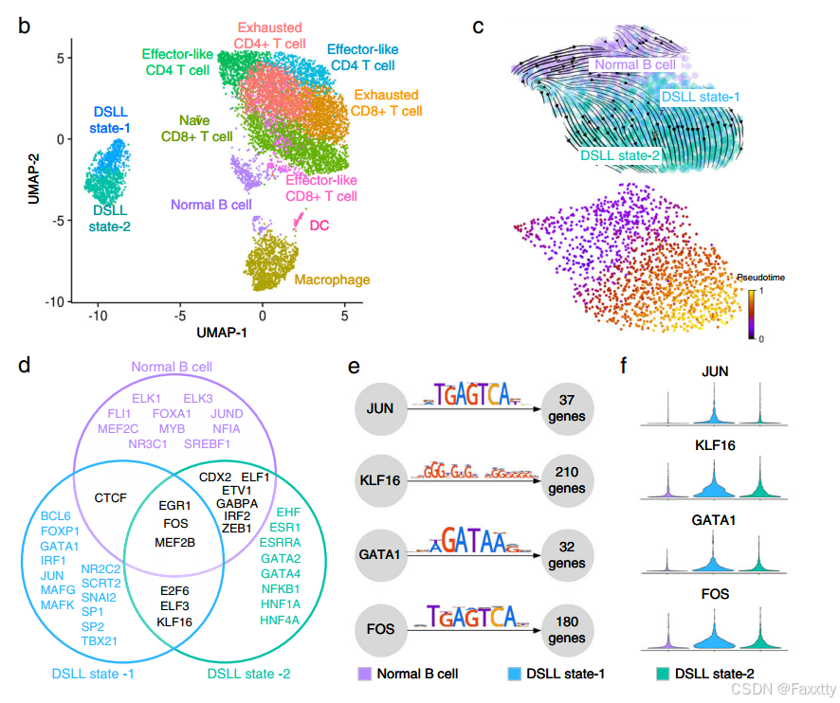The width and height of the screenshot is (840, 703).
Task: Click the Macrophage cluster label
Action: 332,279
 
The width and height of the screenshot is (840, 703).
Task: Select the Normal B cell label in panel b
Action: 211,204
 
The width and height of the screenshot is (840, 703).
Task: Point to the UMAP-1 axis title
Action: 222,334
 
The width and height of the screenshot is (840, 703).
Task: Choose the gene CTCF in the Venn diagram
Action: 112,496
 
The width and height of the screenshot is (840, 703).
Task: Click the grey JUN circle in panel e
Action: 381,407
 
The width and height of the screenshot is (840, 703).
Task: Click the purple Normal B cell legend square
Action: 364,675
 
